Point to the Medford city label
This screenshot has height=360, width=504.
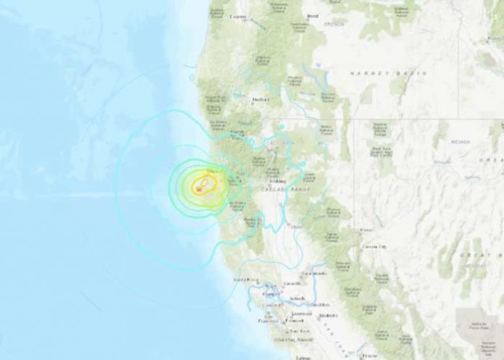point(261,100)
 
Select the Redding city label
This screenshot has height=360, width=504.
point(277,181)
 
